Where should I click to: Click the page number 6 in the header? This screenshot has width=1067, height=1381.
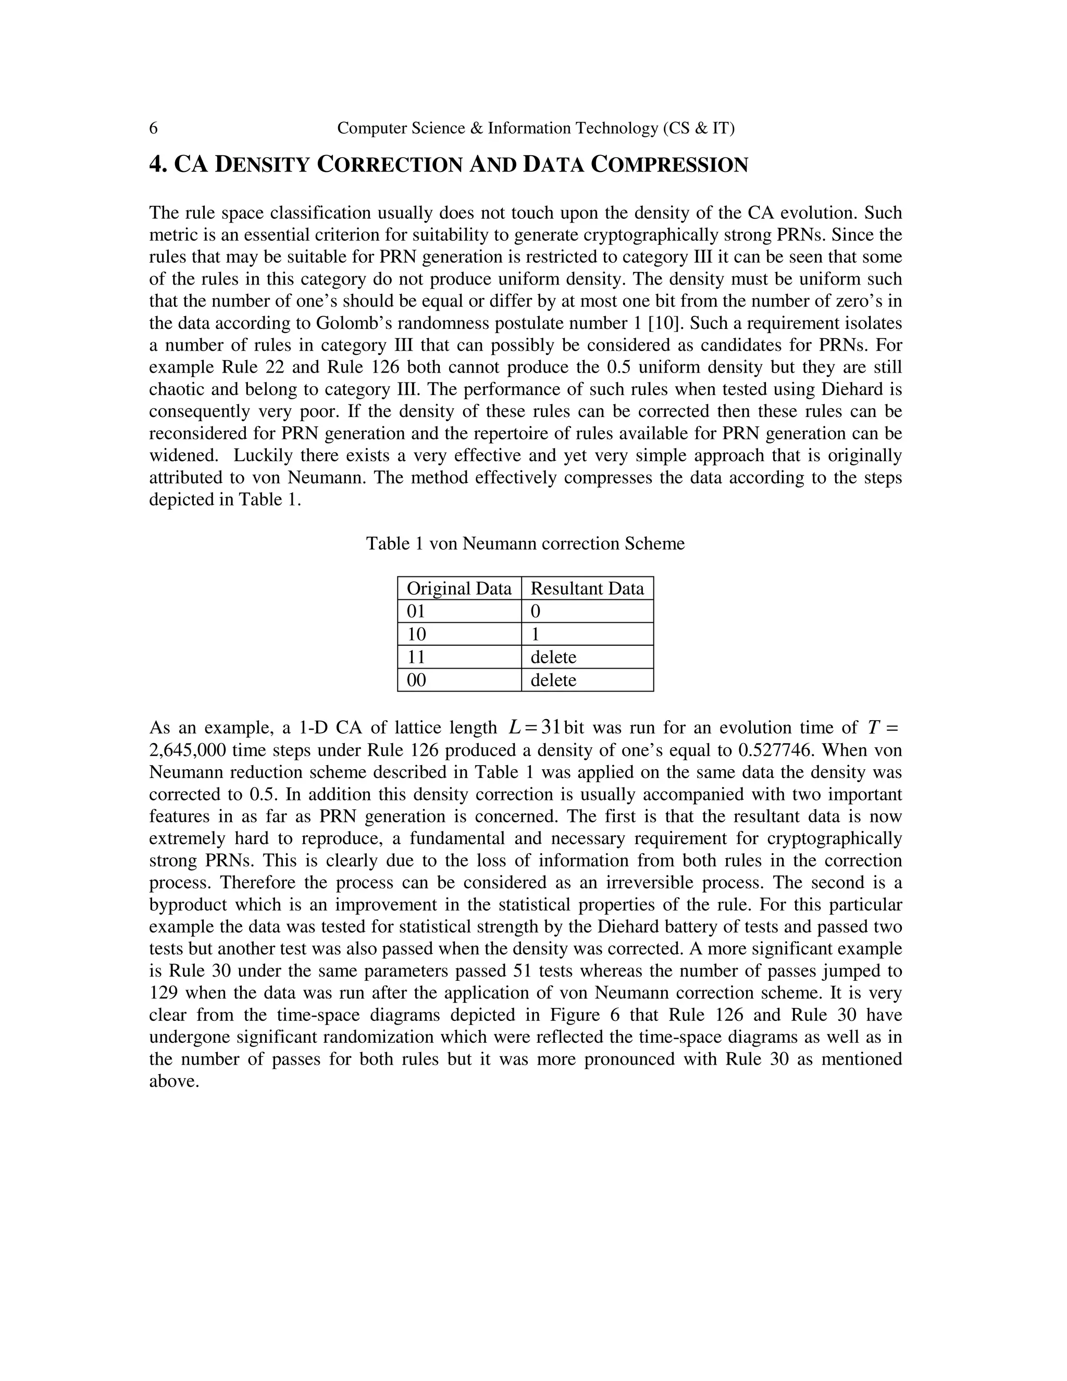point(153,128)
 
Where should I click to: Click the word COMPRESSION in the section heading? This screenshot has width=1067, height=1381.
point(669,165)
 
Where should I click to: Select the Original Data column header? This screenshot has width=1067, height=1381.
point(459,589)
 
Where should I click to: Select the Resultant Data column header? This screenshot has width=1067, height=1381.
point(587,589)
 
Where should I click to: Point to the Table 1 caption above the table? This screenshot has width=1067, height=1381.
point(525,544)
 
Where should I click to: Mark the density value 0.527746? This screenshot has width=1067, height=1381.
point(779,750)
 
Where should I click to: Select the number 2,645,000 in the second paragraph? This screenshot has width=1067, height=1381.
point(187,750)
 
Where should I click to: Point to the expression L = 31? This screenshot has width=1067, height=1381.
point(535,728)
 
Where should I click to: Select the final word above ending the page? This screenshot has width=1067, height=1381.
point(174,1082)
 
